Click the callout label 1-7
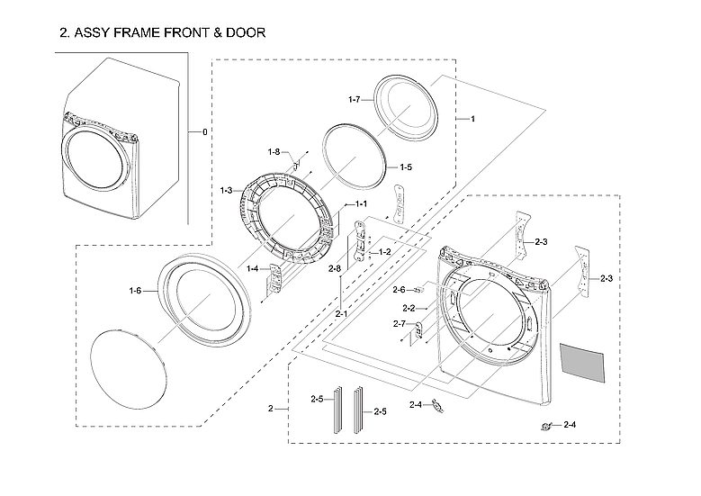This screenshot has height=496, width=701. click(355, 98)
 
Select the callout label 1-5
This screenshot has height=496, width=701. click(405, 167)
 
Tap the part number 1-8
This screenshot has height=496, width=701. click(274, 151)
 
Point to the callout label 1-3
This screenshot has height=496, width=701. click(226, 190)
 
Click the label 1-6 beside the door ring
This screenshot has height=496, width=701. click(135, 290)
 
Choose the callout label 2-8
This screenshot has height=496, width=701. click(334, 269)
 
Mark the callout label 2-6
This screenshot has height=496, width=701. click(399, 289)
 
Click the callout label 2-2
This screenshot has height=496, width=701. click(408, 308)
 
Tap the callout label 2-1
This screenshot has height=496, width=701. click(342, 314)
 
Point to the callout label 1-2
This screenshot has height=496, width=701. click(384, 251)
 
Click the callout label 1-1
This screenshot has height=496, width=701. click(361, 204)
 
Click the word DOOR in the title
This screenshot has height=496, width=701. click(244, 33)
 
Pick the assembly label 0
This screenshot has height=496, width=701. click(204, 132)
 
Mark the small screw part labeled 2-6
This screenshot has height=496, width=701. click(419, 290)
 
